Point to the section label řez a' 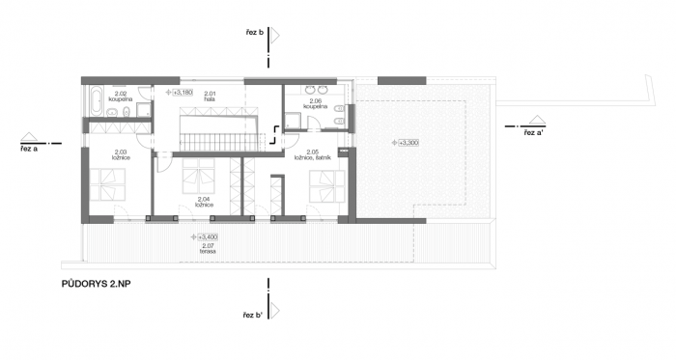click(x=537, y=132)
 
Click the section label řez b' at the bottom click(x=254, y=316)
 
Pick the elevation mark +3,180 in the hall click(x=181, y=92)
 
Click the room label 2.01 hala click(x=210, y=96)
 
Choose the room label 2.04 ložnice click(x=204, y=202)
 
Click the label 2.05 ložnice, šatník click(x=313, y=155)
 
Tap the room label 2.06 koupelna click(x=315, y=101)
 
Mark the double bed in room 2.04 click(x=200, y=176)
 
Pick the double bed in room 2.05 click(x=324, y=180)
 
